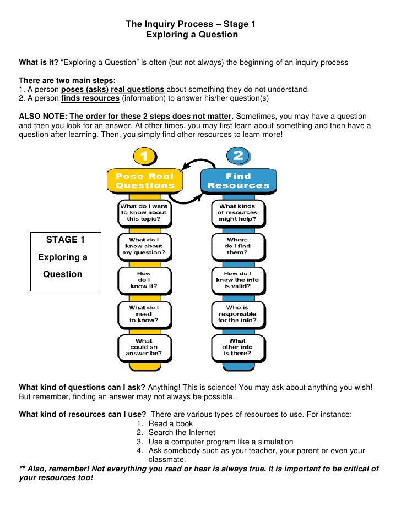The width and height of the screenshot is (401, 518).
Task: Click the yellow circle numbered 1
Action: click(x=144, y=156)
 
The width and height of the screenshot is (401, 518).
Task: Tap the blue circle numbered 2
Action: click(x=238, y=156)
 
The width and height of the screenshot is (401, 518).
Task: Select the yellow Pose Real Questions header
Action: click(x=144, y=181)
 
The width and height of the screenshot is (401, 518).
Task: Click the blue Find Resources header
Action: click(x=238, y=181)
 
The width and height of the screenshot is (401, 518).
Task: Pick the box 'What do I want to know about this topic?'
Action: click(x=144, y=212)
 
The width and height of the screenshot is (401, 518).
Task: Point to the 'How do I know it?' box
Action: click(x=144, y=279)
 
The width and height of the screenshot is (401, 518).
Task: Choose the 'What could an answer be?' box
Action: click(x=144, y=347)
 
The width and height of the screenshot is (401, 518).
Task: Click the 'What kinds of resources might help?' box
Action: click(x=237, y=212)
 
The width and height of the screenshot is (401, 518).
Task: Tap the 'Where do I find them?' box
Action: click(x=237, y=246)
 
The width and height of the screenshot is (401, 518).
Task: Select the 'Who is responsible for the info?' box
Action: click(x=237, y=313)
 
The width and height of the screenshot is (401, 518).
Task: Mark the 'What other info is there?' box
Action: click(x=237, y=347)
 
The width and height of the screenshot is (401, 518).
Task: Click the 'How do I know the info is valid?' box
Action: click(x=237, y=279)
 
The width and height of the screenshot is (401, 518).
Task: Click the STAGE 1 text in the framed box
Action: click(x=66, y=240)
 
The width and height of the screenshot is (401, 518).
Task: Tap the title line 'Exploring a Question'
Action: click(x=192, y=35)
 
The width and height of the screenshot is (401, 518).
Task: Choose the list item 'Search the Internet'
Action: click(x=182, y=433)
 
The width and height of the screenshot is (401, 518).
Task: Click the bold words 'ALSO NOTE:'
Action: click(x=44, y=117)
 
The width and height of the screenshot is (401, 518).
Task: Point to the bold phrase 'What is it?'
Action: click(x=39, y=62)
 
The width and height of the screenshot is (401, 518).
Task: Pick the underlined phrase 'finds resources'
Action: click(x=90, y=98)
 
